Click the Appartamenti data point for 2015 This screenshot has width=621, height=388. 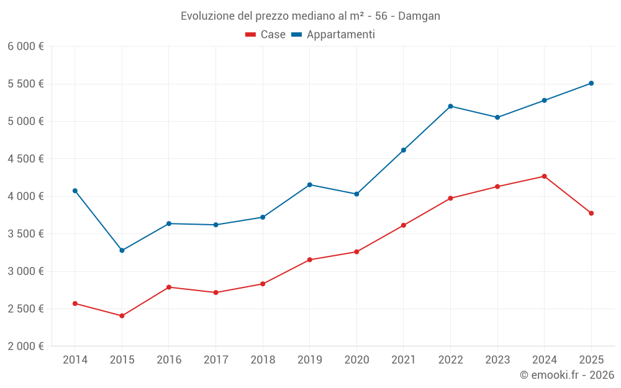(x=122, y=250)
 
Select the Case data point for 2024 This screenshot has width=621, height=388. (x=544, y=176)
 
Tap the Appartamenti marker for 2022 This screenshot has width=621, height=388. (x=450, y=106)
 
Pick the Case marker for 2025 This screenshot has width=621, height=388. (x=591, y=213)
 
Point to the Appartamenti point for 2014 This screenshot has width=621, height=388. (x=75, y=191)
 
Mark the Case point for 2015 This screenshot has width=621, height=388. (x=122, y=316)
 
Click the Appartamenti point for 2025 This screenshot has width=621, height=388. (x=591, y=83)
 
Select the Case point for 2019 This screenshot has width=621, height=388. (x=310, y=259)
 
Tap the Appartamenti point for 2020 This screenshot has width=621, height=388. (x=356, y=194)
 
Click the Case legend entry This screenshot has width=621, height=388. (x=266, y=35)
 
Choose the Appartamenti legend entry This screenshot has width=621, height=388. (x=333, y=35)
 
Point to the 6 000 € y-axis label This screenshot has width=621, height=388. (x=25, y=47)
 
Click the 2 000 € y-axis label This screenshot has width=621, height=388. (x=25, y=346)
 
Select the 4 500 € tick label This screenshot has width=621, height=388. (x=25, y=159)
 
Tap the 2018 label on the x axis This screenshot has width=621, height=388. (x=263, y=359)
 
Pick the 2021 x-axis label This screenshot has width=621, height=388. (x=404, y=359)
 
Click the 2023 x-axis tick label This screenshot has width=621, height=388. (x=497, y=359)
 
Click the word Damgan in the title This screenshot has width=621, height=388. (x=419, y=16)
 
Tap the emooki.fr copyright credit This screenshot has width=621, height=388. (x=567, y=375)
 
